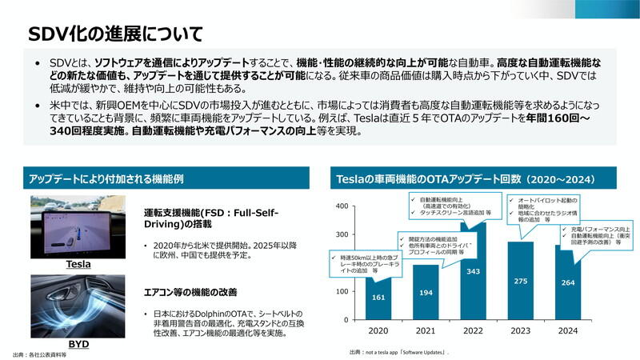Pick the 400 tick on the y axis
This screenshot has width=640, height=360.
click(x=342, y=206)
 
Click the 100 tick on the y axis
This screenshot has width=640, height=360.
click(x=342, y=291)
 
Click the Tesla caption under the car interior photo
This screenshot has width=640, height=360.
click(x=78, y=264)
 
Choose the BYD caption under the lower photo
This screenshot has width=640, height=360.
click(x=78, y=344)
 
